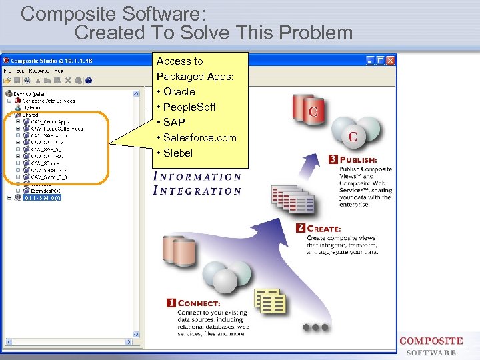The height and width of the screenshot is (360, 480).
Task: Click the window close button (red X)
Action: (391, 60)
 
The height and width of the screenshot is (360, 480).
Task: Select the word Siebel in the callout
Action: (177, 153)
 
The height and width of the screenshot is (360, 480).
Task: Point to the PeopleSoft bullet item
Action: (189, 107)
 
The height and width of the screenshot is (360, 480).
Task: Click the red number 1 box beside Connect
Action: (171, 303)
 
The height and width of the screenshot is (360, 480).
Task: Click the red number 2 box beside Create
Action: (301, 229)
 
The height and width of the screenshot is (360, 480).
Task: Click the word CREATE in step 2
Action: (324, 229)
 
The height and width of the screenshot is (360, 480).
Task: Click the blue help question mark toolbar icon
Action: (89, 81)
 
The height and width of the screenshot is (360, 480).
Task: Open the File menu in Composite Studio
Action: (7, 71)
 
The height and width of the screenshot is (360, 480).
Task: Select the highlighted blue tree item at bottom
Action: (42, 198)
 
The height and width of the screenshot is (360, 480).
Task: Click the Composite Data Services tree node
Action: (49, 101)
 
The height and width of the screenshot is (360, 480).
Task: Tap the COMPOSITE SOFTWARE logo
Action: (431, 345)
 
